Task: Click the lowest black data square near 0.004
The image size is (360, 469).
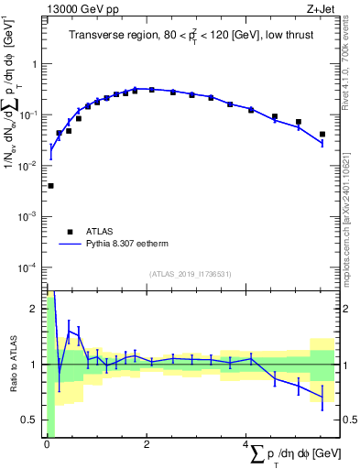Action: [50, 186]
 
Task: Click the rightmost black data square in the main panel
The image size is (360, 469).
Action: [322, 135]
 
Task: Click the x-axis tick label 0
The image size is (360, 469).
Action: [46, 445]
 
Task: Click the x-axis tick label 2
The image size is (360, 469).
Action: [146, 445]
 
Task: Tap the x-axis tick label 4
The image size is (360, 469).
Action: [245, 445]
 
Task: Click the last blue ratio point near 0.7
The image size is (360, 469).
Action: [322, 397]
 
